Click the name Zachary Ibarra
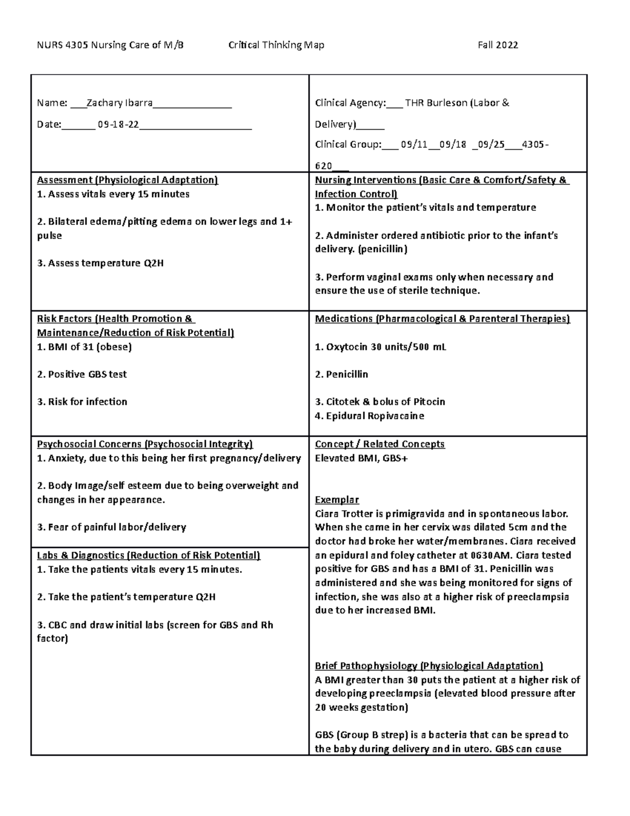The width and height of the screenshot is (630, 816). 119,103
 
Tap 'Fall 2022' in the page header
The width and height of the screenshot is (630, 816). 498,45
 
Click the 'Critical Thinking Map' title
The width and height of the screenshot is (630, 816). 276,45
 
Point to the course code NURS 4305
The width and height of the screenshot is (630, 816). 56,45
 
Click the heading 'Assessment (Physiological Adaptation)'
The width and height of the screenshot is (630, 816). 127,180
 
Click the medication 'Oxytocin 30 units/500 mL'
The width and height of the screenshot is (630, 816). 381,347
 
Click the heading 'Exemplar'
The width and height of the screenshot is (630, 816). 337,500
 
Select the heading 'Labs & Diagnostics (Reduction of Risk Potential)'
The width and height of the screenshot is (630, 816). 149,555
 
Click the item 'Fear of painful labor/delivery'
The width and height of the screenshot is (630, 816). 112,527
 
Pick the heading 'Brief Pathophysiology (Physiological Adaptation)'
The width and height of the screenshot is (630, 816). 428,666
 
